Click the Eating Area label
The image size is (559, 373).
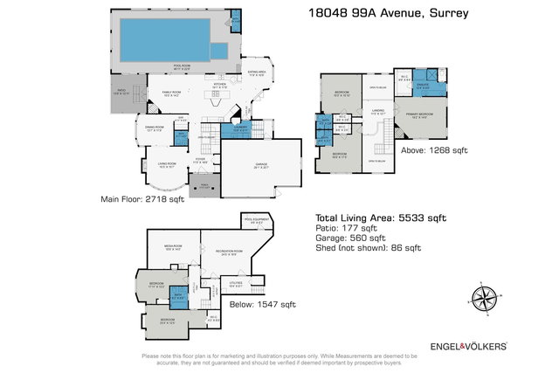click(258, 73)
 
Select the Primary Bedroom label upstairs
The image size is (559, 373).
click(418, 114)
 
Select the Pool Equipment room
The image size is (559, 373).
click(259, 220)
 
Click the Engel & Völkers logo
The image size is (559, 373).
click(468, 346)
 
